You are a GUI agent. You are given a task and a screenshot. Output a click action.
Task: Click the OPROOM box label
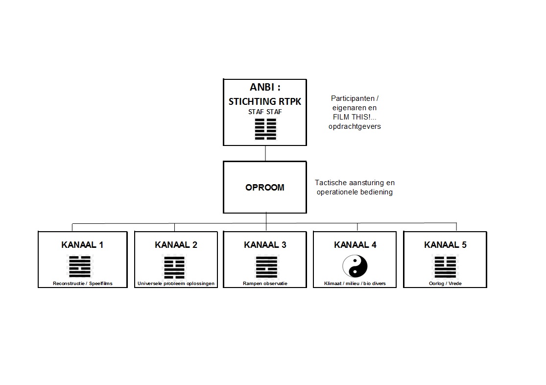pos(264,188)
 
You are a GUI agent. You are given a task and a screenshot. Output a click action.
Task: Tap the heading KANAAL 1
pos(82,245)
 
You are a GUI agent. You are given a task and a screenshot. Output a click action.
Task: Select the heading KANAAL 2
pos(176,245)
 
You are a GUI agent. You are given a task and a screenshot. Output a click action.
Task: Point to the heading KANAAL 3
pos(265,245)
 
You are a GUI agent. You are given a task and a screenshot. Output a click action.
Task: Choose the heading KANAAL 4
pos(355,245)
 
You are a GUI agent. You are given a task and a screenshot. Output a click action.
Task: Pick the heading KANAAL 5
pos(445,245)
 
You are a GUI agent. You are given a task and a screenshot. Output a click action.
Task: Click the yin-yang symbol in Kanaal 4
pos(355,266)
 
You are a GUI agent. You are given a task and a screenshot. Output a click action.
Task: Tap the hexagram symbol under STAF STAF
pos(265,129)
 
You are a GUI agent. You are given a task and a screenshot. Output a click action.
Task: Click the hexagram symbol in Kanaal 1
pos(80,266)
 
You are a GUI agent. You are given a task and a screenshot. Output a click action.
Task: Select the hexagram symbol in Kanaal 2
pos(174,267)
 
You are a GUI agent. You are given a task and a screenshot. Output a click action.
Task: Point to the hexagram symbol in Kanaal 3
pos(266,267)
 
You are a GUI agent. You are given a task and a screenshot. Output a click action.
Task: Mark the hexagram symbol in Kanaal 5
pos(445,267)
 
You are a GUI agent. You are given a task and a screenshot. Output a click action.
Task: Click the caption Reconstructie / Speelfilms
pos(83,284)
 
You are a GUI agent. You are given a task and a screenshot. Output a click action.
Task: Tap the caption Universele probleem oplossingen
pos(176,284)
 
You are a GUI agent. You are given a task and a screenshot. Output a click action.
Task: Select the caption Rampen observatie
pos(265,284)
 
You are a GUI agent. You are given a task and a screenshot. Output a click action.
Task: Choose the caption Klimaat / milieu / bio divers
pos(355,284)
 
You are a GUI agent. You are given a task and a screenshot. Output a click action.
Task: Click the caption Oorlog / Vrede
pos(445,284)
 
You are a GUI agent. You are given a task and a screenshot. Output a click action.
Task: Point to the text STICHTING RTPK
pos(264,102)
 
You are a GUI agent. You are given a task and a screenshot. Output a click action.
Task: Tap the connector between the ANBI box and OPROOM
pos(265,153)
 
